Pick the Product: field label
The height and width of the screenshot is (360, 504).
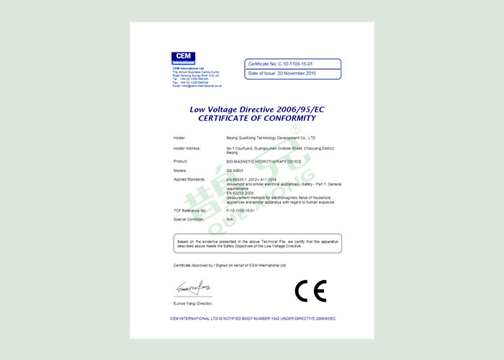[180, 163]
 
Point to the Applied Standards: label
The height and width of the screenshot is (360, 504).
[190, 180]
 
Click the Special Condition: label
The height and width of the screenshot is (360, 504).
[189, 218]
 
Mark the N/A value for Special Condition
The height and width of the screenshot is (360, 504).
[230, 218]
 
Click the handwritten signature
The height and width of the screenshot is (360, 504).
[192, 288]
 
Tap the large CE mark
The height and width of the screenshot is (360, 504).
[310, 291]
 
